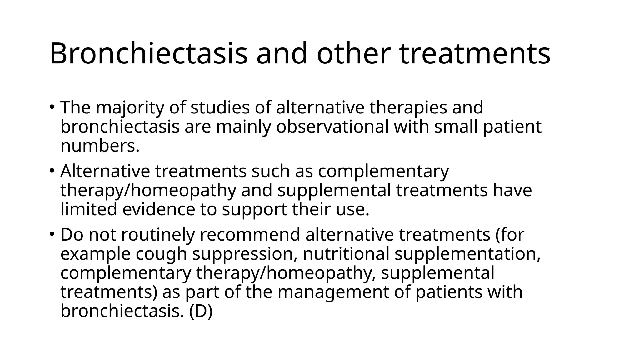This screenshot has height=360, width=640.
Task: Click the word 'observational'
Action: tap(332, 127)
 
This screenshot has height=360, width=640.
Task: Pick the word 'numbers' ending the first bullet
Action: tap(98, 146)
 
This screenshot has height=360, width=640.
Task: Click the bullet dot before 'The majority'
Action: tap(52, 106)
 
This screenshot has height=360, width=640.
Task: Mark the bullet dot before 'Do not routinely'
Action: tap(52, 234)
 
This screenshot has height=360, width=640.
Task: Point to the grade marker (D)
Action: tap(201, 312)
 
